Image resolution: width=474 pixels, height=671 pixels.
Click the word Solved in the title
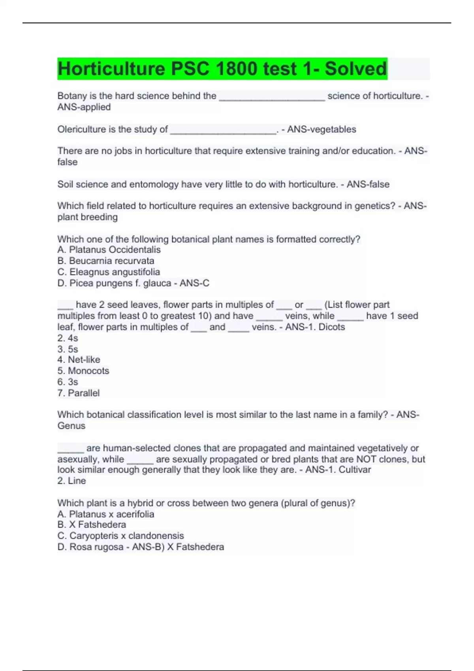(355, 69)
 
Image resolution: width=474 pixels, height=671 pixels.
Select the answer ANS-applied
(84, 107)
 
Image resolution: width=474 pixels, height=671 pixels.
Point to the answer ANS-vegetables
(322, 129)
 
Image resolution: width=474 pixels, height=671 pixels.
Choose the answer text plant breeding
(87, 217)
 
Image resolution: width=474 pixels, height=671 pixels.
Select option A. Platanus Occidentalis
(109, 250)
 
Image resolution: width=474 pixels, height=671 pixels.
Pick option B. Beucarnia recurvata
(106, 261)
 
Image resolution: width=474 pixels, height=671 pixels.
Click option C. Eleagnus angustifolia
(109, 272)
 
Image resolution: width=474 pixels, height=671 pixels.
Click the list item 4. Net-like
(79, 360)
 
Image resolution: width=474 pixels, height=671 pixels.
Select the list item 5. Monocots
(83, 371)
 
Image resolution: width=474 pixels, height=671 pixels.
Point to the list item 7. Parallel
(78, 393)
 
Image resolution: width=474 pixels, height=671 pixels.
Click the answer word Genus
(71, 425)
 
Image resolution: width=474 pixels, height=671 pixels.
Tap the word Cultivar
(355, 470)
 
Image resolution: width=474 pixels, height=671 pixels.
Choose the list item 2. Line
(71, 481)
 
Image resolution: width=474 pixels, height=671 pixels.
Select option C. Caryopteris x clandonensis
(120, 536)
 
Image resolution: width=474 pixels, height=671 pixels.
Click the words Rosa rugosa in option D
(96, 547)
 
